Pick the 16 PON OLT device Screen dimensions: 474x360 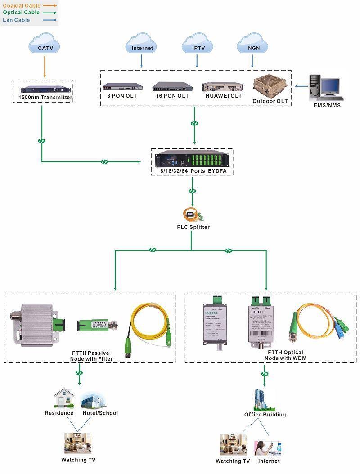(172, 86)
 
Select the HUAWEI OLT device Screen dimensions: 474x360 (224, 86)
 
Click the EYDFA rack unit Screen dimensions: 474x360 (192, 160)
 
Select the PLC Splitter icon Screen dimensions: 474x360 (193, 215)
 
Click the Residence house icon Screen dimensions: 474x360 (63, 398)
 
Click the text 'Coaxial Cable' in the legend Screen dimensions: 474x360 (22, 5)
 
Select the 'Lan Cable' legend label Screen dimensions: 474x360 (17, 20)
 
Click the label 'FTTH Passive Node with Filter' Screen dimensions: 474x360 (91, 355)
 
